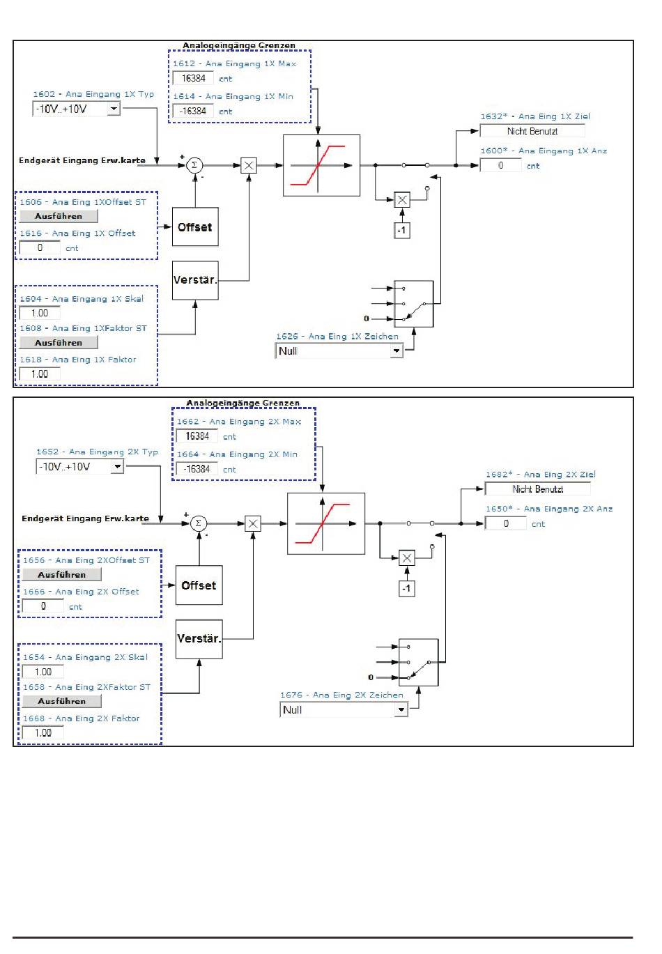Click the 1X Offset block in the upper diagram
click(x=195, y=226)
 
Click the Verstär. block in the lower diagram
click(x=199, y=639)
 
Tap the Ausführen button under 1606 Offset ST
click(x=59, y=217)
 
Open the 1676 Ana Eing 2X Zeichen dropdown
click(x=343, y=710)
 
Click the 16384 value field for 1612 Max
click(x=193, y=79)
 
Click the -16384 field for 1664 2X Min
click(x=197, y=470)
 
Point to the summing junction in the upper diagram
click(x=195, y=165)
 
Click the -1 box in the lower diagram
click(x=406, y=589)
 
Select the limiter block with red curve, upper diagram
click(x=321, y=165)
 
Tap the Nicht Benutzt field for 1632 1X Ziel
click(x=532, y=131)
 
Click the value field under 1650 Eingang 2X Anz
click(x=506, y=523)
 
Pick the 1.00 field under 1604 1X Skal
click(x=40, y=314)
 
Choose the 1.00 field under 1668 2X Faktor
click(x=43, y=733)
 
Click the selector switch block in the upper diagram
click(x=414, y=304)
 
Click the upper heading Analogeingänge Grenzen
click(x=239, y=45)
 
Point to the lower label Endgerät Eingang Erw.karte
click(x=85, y=518)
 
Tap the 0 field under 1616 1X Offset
click(x=40, y=248)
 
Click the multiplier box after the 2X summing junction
click(x=253, y=523)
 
